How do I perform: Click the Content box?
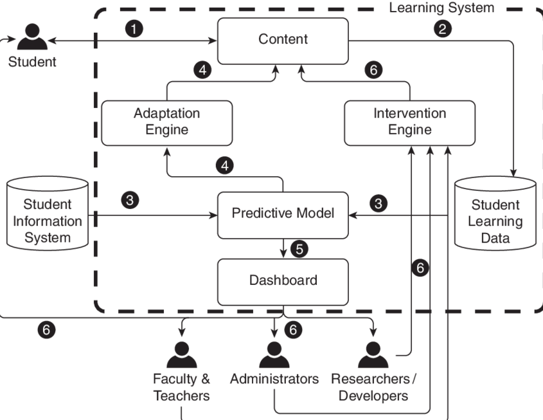283,39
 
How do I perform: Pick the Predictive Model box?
283,213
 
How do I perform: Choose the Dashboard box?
283,280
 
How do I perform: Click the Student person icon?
32,38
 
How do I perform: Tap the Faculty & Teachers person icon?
181,354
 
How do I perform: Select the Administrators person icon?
275,354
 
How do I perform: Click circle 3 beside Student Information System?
131,200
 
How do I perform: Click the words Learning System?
442,8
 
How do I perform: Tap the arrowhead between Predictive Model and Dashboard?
283,253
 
